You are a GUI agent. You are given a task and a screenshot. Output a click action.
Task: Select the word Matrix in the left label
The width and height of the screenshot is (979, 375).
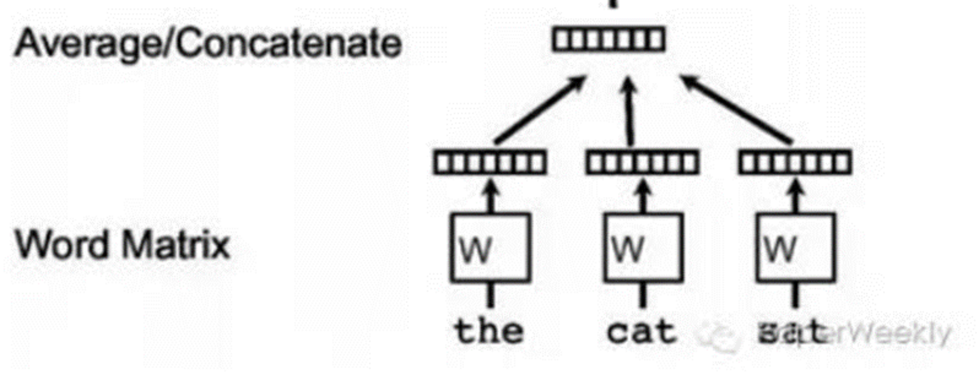(x=176, y=245)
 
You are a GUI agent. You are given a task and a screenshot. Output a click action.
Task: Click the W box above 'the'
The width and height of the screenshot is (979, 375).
(x=491, y=248)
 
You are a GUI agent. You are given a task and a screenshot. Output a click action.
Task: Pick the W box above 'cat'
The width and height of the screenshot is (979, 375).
(x=643, y=248)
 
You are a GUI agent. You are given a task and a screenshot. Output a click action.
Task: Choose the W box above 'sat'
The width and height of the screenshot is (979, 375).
(x=795, y=248)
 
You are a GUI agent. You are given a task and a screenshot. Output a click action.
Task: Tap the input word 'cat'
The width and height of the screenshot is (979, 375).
(x=642, y=331)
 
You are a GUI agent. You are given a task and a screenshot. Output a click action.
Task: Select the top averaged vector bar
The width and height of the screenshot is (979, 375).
(x=609, y=39)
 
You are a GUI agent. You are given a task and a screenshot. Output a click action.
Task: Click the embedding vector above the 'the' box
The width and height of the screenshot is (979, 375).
(x=490, y=163)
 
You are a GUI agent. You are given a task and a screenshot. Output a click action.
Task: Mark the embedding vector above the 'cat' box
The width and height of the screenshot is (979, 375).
(x=642, y=163)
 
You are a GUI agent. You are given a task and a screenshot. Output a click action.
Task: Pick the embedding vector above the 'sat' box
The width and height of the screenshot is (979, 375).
(x=795, y=163)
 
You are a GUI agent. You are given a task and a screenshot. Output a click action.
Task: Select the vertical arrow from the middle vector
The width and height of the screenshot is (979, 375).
(x=629, y=111)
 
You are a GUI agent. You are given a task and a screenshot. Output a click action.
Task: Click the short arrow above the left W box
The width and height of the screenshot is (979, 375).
(x=491, y=197)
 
